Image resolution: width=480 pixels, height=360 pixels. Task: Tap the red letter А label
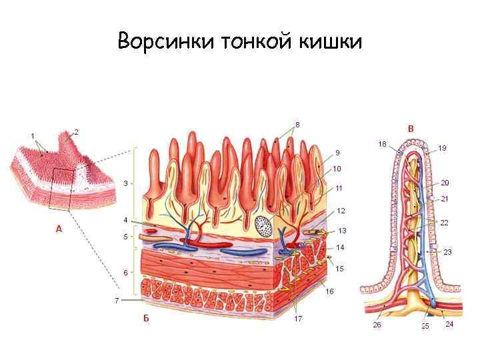tap(59, 229)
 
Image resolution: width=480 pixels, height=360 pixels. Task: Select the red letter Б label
tap(145, 317)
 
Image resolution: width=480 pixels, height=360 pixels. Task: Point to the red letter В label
tap(411, 128)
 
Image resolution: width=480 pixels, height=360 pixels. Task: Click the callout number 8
tap(297, 125)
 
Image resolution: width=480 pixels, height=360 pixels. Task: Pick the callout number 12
tap(341, 211)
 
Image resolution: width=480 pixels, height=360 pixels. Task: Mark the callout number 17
tap(298, 319)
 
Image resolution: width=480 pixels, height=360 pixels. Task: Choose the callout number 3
tap(125, 183)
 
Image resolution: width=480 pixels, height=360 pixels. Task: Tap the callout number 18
tap(382, 143)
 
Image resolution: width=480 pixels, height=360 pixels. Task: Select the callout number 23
tap(447, 252)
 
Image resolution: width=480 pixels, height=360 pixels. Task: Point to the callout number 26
tap(377, 325)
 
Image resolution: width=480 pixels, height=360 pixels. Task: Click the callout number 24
tap(449, 325)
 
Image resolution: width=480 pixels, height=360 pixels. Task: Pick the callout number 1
tap(32, 136)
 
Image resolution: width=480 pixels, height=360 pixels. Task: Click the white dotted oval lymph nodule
tap(264, 226)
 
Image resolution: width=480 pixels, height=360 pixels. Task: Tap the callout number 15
tap(340, 269)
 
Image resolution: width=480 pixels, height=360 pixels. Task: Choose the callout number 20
tap(445, 182)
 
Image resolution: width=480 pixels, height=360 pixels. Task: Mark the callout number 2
tap(76, 131)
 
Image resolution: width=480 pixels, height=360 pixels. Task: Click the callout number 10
tap(337, 169)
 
